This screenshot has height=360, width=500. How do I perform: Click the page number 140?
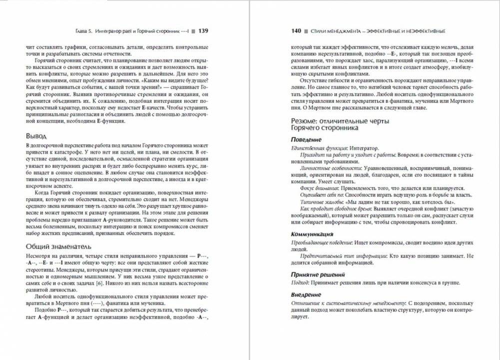point(296,30)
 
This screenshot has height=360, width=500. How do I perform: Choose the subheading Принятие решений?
point(317,274)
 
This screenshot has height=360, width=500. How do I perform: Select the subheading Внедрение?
point(306,295)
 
